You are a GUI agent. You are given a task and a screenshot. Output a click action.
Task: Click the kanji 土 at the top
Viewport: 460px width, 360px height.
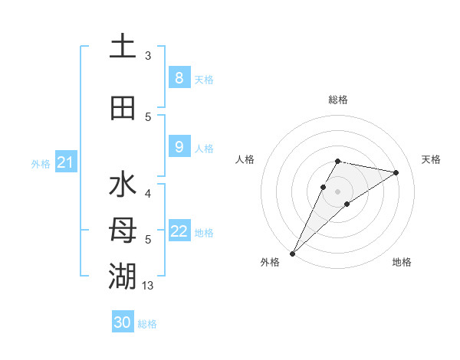pos(123,47)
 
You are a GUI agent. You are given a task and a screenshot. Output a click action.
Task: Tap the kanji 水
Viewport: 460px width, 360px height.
pos(123,185)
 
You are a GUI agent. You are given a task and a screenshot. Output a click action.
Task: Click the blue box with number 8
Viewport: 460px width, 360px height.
pos(179,78)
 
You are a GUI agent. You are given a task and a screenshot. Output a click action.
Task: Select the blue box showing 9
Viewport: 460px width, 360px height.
pos(179,147)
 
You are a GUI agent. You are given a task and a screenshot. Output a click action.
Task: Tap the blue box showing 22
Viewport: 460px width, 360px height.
pos(179,231)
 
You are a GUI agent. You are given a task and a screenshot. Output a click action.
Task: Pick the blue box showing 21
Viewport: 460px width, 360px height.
pos(65,162)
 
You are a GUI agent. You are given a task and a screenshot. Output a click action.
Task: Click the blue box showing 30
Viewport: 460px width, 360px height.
pos(123,322)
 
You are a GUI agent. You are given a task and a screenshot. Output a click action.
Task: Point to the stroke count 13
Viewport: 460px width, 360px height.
pos(148,286)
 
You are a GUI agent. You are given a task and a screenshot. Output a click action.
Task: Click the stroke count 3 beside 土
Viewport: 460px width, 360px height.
pos(148,56)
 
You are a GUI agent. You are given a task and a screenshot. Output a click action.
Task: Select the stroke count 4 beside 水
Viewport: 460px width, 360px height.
pos(148,194)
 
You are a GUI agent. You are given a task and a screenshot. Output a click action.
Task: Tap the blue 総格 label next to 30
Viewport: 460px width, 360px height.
pos(147,324)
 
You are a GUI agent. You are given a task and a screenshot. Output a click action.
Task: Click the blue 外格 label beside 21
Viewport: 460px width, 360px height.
pos(41,163)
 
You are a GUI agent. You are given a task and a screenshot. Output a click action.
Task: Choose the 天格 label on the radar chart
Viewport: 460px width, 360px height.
pos(431,159)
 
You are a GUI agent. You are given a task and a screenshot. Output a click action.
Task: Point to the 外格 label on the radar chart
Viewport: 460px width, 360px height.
pos(270,263)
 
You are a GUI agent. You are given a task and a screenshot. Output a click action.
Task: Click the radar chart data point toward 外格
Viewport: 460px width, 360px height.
pos(292,253)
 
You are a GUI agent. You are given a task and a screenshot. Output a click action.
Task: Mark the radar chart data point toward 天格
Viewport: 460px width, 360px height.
pos(396,172)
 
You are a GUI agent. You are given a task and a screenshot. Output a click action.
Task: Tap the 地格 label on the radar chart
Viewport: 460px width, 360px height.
pos(402,263)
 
